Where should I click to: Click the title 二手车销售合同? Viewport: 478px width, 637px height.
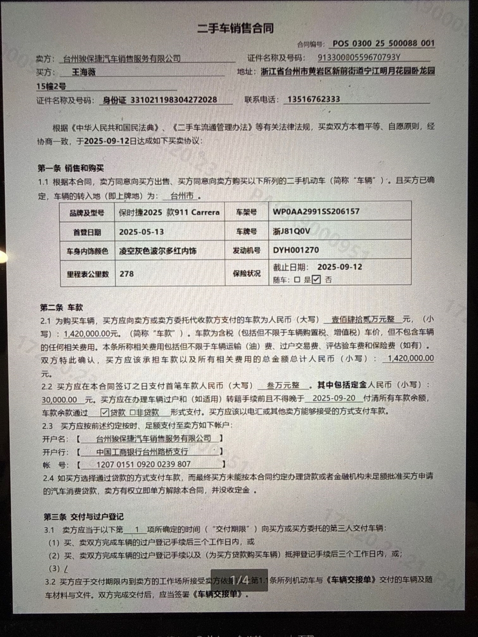[x=236, y=28]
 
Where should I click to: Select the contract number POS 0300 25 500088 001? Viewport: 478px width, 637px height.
[x=383, y=44]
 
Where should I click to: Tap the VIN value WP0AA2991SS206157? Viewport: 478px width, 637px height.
[x=316, y=212]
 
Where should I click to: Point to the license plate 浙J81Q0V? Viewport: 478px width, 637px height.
[x=291, y=231]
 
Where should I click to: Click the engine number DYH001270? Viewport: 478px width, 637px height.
[x=296, y=250]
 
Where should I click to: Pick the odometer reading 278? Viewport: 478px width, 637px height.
[x=126, y=274]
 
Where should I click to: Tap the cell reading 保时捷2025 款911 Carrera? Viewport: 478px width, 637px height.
[x=169, y=212]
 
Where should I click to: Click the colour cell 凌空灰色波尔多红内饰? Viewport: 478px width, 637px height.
[x=157, y=251]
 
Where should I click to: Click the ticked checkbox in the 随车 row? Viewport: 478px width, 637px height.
[x=316, y=280]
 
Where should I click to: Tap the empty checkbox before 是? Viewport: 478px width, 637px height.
[x=297, y=280]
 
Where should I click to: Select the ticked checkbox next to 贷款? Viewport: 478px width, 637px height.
[x=105, y=412]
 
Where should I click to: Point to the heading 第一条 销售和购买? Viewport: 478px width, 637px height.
[x=71, y=168]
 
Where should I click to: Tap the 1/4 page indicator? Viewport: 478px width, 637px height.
[x=239, y=580]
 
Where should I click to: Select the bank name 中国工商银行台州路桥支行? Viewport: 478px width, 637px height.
[x=142, y=452]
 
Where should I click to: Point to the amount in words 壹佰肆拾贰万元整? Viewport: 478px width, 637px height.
[x=363, y=319]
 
